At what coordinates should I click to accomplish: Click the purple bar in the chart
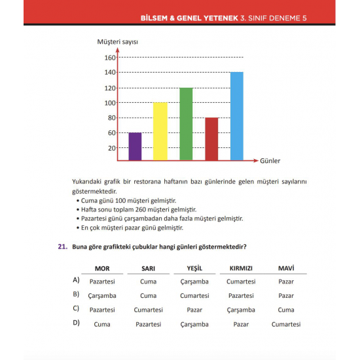(135, 147)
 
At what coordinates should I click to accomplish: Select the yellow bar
(160, 132)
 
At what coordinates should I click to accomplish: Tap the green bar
(186, 124)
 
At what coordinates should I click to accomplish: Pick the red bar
(211, 139)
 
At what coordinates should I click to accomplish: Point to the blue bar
(237, 117)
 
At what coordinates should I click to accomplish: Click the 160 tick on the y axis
(109, 58)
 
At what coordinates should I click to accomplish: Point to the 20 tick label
(111, 148)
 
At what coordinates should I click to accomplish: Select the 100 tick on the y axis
(109, 103)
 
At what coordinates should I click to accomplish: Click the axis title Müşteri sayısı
(117, 42)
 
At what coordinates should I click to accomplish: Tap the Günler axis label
(270, 160)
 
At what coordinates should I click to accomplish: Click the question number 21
(62, 247)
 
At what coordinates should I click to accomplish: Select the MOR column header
(102, 268)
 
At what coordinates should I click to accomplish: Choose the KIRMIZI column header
(241, 268)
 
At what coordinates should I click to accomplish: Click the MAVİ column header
(285, 268)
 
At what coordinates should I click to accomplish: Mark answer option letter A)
(77, 280)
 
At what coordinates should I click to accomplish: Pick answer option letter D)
(77, 323)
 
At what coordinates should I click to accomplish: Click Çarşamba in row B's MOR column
(101, 295)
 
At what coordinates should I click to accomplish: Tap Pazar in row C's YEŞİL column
(194, 310)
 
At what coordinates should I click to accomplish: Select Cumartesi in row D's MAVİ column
(285, 324)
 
